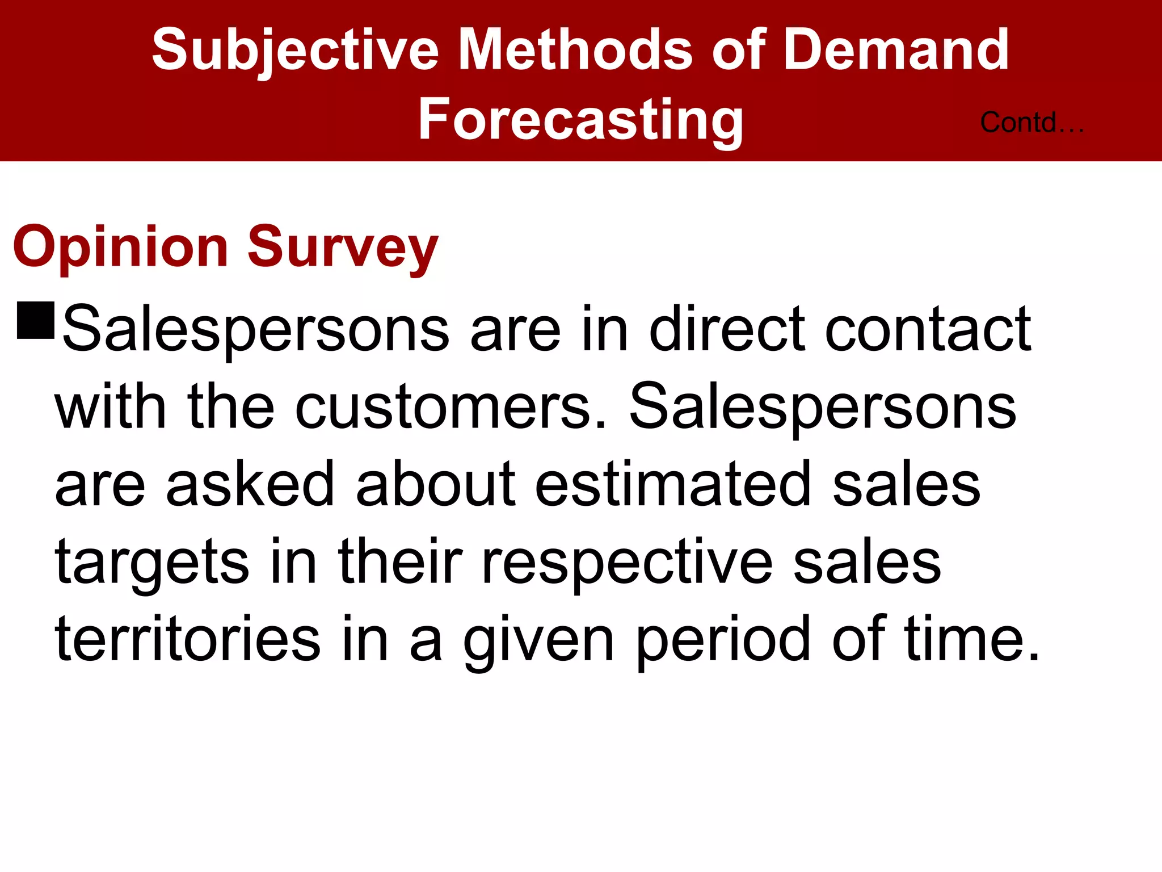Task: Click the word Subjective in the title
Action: pos(295,51)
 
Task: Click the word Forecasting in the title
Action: pos(580,120)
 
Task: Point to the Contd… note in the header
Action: pos(1032,123)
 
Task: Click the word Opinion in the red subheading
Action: pos(121,248)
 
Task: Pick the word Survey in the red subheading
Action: pos(343,248)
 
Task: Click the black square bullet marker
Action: pos(36,321)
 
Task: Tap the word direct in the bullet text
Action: pos(727,329)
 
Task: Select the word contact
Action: pos(928,329)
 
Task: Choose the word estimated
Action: pos(673,484)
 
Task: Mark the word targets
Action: pos(152,563)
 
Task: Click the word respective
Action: pos(627,563)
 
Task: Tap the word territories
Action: pos(188,640)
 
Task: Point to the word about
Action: pos(436,484)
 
